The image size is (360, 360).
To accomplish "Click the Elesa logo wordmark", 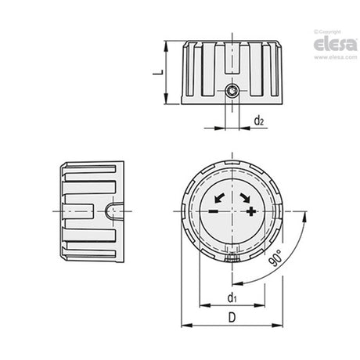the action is [x=336, y=45].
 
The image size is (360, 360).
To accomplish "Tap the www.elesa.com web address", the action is [x=336, y=57].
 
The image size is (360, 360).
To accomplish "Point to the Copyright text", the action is [x=328, y=32].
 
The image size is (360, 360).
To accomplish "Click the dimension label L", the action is [x=157, y=72].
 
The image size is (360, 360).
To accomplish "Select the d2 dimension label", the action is [x=259, y=121].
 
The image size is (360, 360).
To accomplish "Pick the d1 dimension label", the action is [x=232, y=297].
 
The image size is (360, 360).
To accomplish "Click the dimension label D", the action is [x=232, y=318].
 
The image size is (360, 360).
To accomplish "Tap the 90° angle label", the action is [x=275, y=258].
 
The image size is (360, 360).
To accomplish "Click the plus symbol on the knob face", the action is [x=251, y=211].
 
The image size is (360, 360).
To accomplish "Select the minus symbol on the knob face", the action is [x=214, y=211].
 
